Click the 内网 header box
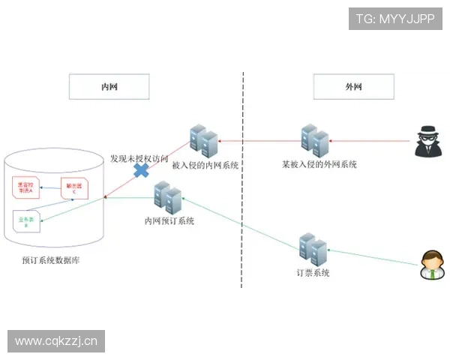(x=109, y=87)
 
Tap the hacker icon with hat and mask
(x=431, y=140)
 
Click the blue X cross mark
(x=140, y=170)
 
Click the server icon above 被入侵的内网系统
(x=203, y=142)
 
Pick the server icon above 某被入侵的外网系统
(x=314, y=140)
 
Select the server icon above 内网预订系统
(x=168, y=197)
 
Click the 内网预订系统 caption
(x=169, y=221)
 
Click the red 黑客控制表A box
(x=26, y=187)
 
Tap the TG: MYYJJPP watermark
(x=395, y=18)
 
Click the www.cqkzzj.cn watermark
(x=57, y=342)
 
